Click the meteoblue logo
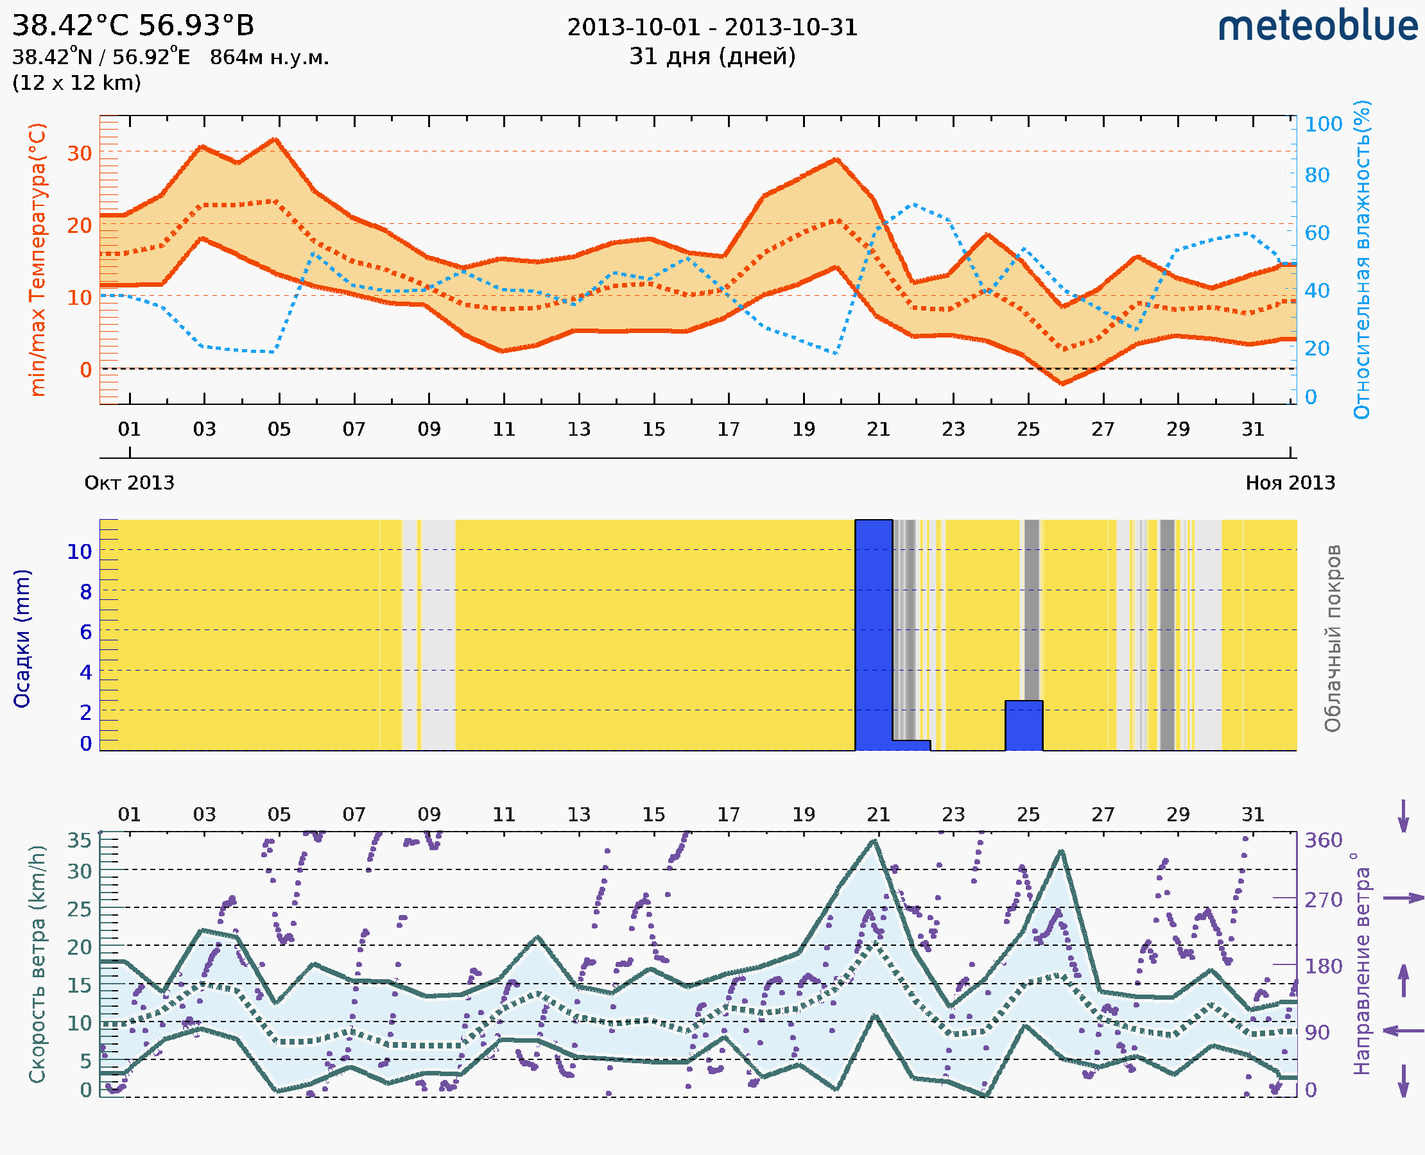coord(1318,26)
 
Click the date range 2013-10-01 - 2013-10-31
coord(712,28)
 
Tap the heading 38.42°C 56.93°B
coord(133,26)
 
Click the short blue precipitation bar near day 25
coord(1024,725)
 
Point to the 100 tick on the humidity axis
coord(1323,124)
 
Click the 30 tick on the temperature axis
coord(79,153)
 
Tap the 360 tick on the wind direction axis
coord(1323,841)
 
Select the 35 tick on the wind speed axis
coord(79,841)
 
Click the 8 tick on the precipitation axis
coord(86,592)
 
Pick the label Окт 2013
coord(129,483)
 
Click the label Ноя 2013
coord(1290,483)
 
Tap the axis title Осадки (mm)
coord(22,638)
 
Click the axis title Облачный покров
coord(1333,638)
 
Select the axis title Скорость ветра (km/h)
coord(37,964)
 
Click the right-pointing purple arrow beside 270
coord(1403,898)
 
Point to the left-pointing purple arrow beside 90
coord(1403,1031)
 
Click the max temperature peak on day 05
coord(275,139)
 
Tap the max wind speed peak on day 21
coord(874,841)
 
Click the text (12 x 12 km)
coord(76,83)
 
